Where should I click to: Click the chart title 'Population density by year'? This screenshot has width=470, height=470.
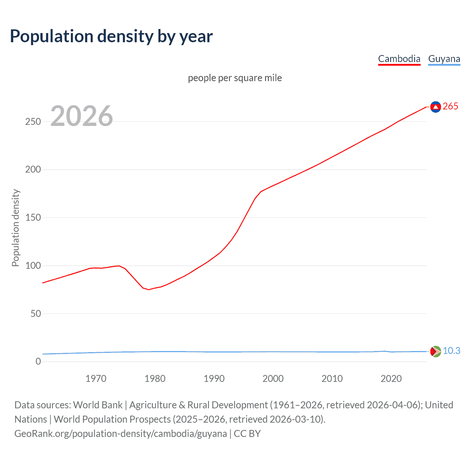111,36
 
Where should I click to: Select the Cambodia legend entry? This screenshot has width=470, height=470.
399,59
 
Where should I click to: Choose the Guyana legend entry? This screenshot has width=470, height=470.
444,59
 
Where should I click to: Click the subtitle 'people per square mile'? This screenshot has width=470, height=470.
235,78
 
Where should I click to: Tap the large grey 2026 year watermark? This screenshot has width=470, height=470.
82,116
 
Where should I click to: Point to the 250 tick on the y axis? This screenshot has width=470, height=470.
33,122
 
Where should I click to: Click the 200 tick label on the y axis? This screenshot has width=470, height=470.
33,170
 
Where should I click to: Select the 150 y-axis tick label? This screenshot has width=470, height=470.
33,218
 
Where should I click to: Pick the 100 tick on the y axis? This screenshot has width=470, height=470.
33,265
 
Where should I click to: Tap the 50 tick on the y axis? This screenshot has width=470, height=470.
36,314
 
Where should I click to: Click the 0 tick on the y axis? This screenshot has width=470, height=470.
38,362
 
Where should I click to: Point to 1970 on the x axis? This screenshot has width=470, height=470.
96,379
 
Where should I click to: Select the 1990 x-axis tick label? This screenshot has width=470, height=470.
214,379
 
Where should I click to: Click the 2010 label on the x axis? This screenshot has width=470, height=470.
332,379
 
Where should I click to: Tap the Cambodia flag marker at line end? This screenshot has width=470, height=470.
435,107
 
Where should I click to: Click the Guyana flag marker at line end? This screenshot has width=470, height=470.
435,351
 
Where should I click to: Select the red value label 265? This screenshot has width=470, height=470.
451,106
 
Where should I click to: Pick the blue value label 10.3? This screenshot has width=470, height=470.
451,351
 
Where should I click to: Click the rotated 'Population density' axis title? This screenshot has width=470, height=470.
15,228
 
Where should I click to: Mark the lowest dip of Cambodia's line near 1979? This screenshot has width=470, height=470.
149,290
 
